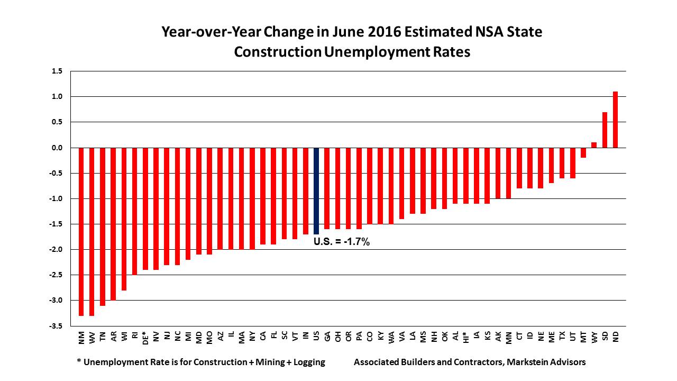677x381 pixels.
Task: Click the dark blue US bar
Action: click(x=316, y=190)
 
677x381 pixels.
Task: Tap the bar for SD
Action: click(x=605, y=130)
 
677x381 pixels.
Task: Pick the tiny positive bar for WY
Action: click(x=594, y=145)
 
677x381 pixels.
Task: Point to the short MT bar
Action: click(x=583, y=152)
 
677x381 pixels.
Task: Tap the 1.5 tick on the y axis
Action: click(x=57, y=71)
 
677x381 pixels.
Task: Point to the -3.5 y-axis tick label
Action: click(x=56, y=326)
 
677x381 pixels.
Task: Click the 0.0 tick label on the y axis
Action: click(x=57, y=148)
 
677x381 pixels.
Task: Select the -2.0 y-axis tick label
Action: click(x=56, y=250)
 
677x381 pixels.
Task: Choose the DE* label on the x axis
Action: click(x=145, y=338)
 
